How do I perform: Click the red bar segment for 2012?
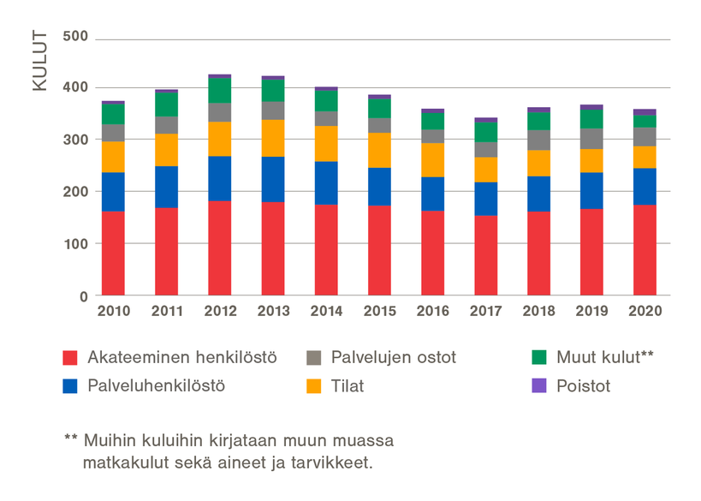(220, 248)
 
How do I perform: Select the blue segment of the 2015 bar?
(379, 186)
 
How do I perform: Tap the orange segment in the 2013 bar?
(273, 138)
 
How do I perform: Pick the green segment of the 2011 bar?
(167, 104)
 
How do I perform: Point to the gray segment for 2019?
(592, 139)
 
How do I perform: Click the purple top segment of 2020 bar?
(645, 112)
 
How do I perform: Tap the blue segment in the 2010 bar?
(113, 192)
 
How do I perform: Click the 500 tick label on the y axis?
(75, 38)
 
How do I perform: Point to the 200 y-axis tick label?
(75, 192)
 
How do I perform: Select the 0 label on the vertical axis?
(84, 296)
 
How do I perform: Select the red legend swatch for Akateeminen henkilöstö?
(72, 358)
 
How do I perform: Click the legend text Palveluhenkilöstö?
(156, 385)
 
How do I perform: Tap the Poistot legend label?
(582, 385)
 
